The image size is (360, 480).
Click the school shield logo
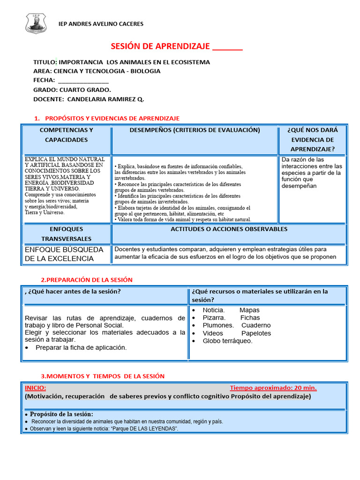click(36, 23)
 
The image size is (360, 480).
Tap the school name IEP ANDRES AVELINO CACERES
click(100, 24)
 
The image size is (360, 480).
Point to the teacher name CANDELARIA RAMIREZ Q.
click(105, 99)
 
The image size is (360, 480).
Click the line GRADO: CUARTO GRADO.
click(72, 90)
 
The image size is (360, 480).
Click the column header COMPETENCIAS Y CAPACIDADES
click(66, 135)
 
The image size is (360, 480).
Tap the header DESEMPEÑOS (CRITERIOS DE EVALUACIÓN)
click(195, 130)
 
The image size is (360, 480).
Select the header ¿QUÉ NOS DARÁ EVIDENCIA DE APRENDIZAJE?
click(312, 139)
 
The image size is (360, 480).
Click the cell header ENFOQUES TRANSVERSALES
click(66, 234)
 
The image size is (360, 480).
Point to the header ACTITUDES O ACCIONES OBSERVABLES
click(229, 229)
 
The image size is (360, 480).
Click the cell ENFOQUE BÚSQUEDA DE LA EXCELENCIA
click(64, 254)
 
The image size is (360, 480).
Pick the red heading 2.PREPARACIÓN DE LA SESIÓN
click(87, 280)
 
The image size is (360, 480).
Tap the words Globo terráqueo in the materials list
click(227, 341)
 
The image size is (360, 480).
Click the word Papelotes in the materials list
click(256, 333)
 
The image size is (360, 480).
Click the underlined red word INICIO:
click(35, 388)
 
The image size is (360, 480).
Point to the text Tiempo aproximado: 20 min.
click(273, 388)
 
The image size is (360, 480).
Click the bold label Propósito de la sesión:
click(61, 414)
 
